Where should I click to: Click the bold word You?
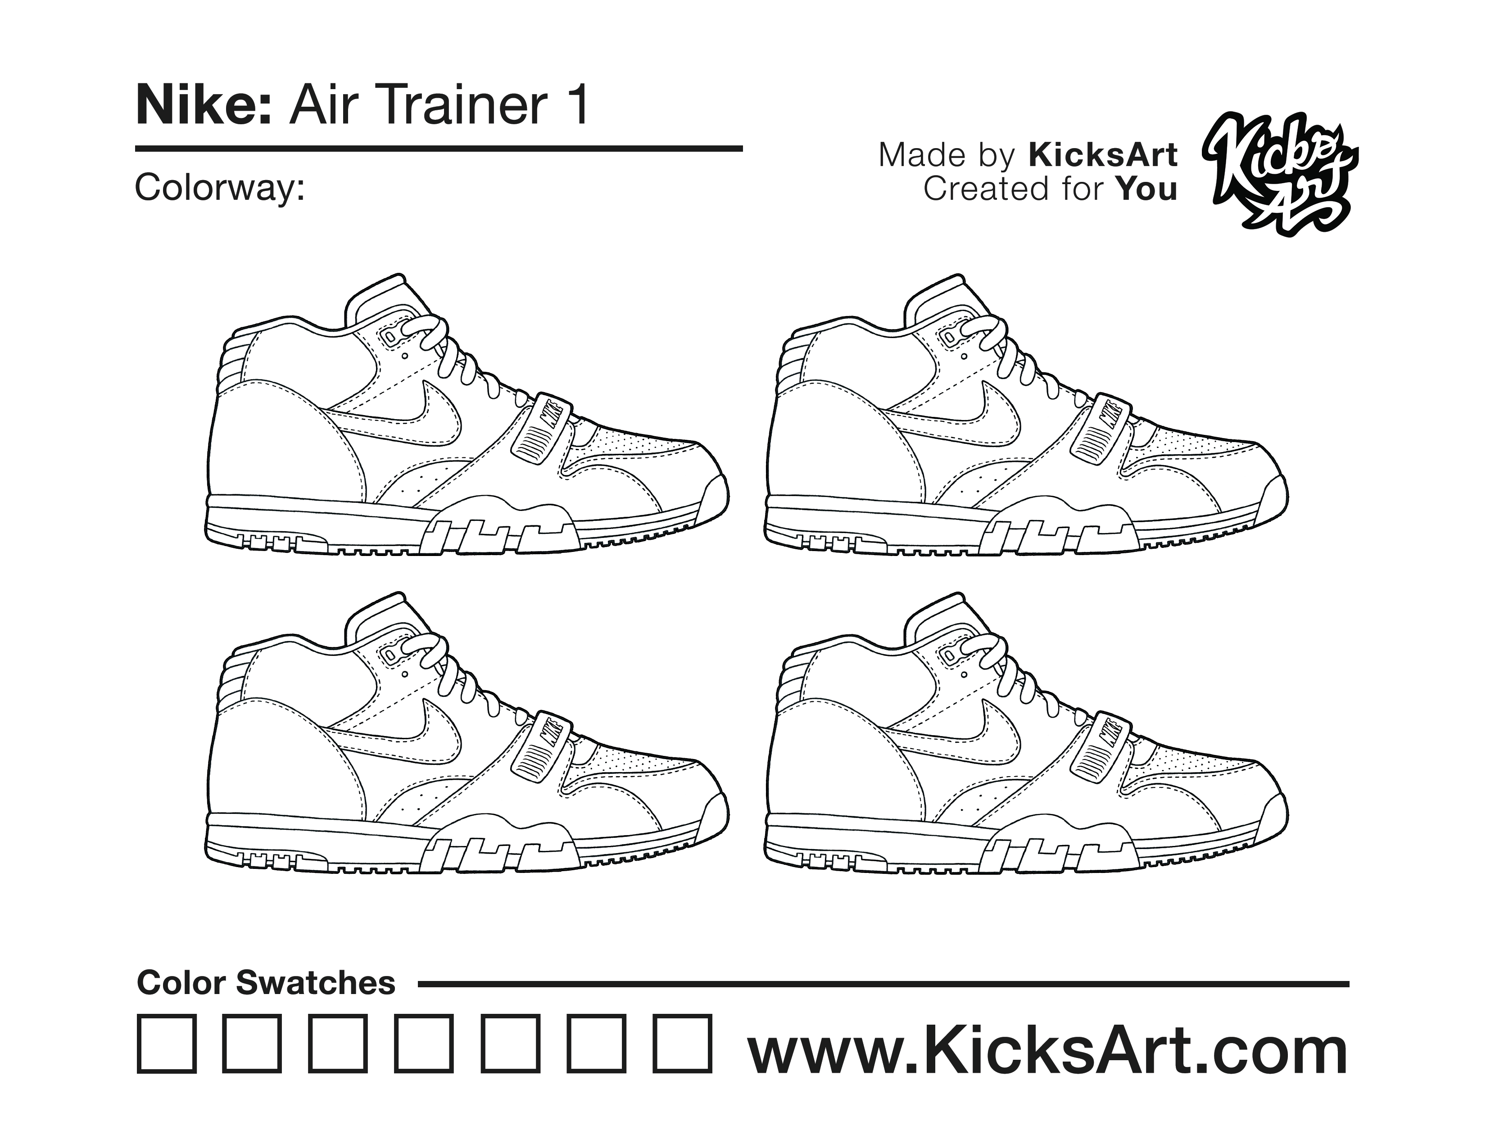tap(1146, 189)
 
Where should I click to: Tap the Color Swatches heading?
tap(266, 983)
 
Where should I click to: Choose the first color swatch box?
tap(167, 1044)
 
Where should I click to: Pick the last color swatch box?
tap(683, 1044)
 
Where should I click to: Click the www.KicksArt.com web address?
tap(1048, 1051)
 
